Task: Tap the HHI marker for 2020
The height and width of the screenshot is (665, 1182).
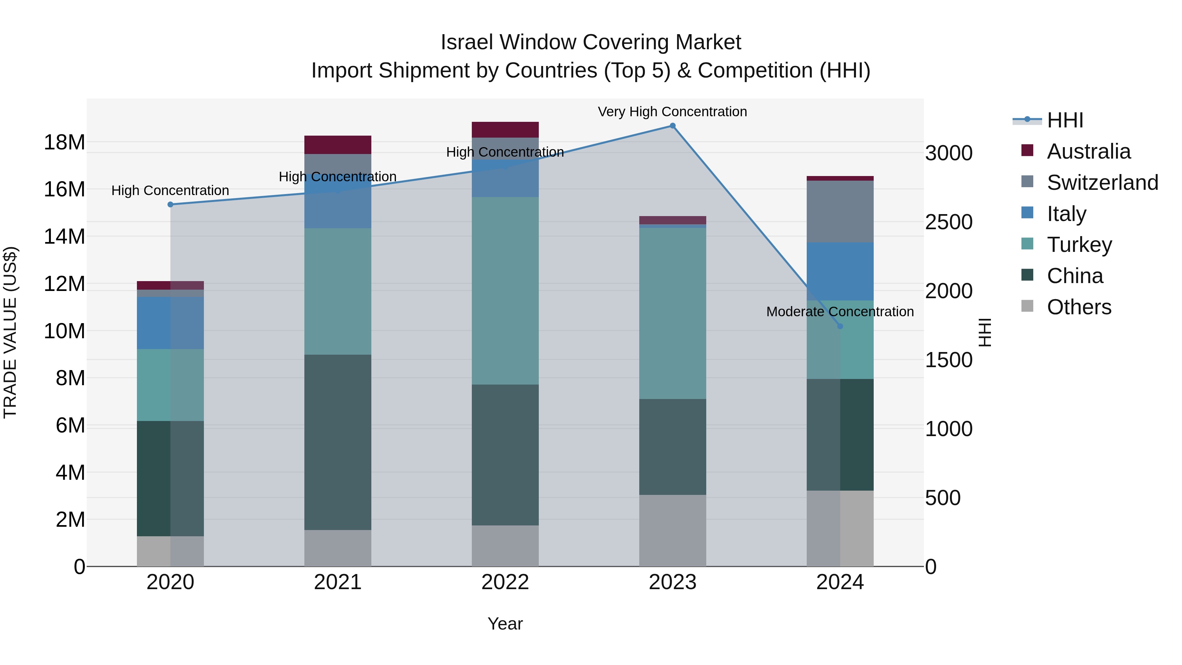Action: pyautogui.click(x=170, y=204)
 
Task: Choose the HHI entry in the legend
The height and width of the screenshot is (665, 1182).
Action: pyautogui.click(x=1064, y=120)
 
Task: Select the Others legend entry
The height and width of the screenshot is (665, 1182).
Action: pyautogui.click(x=1078, y=307)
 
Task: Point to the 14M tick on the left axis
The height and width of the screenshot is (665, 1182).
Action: pyautogui.click(x=64, y=237)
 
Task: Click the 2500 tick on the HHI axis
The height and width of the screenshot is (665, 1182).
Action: pyautogui.click(x=948, y=222)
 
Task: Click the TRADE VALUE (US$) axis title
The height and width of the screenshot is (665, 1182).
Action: pyautogui.click(x=10, y=332)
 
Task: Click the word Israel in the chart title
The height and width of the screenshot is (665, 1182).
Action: pyautogui.click(x=467, y=42)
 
